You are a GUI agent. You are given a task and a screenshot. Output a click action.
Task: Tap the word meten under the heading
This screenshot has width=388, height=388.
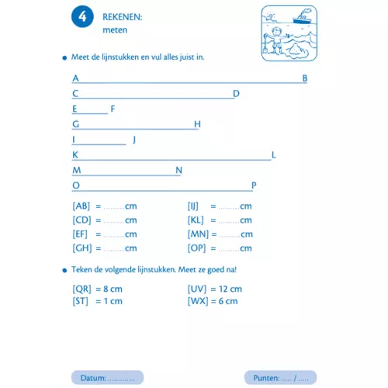114,30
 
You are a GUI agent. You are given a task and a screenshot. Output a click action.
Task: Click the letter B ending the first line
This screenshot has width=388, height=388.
305,78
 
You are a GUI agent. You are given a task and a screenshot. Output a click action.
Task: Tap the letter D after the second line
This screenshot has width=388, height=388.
236,94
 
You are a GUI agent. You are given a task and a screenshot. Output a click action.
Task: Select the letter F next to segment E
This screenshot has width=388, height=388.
113,109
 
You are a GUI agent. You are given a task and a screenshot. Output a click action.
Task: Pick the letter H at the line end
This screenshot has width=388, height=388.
197,124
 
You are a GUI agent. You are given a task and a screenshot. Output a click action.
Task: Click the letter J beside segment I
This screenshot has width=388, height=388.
134,140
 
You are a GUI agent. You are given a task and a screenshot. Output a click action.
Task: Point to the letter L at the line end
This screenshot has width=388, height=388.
274,155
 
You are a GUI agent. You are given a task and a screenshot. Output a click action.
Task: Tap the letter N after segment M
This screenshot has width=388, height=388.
178,171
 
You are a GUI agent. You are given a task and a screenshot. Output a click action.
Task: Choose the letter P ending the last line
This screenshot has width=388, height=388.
254,185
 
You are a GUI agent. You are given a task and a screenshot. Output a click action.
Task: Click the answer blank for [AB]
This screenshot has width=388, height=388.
113,206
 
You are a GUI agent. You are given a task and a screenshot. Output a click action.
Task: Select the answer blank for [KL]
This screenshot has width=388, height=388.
229,220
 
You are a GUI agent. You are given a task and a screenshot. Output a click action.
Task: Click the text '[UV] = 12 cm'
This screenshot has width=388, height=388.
215,289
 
